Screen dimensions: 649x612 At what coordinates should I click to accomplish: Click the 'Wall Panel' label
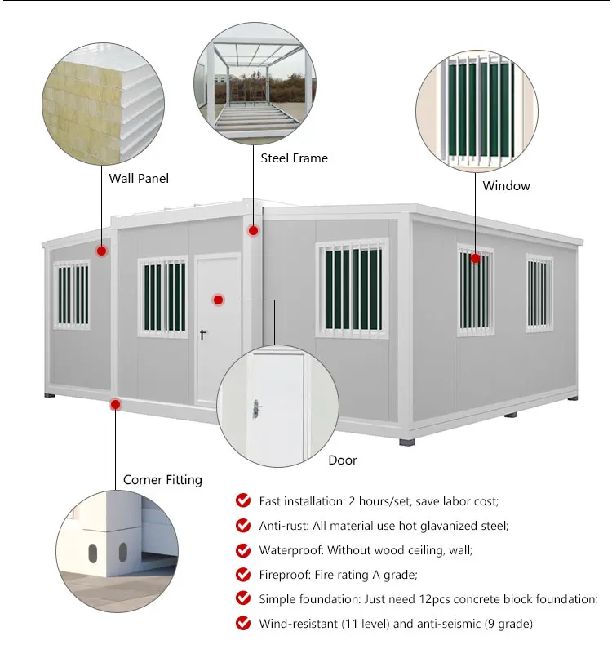pos(139,177)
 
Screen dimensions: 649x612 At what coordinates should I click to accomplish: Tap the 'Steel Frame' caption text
pos(294,158)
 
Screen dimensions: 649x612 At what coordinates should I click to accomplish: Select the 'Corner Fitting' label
pos(162,480)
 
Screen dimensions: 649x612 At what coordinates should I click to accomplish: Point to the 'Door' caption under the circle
pos(343,460)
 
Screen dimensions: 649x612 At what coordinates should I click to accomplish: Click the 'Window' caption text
pos(506,185)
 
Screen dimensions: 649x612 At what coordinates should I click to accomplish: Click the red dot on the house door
pos(219,300)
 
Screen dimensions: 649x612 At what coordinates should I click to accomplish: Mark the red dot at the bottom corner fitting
pos(116,404)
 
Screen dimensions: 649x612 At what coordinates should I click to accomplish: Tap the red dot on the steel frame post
pos(253,231)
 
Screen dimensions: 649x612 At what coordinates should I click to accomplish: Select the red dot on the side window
pos(476,259)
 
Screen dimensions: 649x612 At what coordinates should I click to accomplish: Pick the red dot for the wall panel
pos(102,251)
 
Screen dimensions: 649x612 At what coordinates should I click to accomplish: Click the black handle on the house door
pos(203,333)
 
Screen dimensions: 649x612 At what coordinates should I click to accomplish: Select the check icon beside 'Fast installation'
pos(243,500)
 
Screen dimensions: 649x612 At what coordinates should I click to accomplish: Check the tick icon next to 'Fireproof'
pos(243,575)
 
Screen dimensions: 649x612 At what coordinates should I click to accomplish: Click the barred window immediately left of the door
pos(162,296)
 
